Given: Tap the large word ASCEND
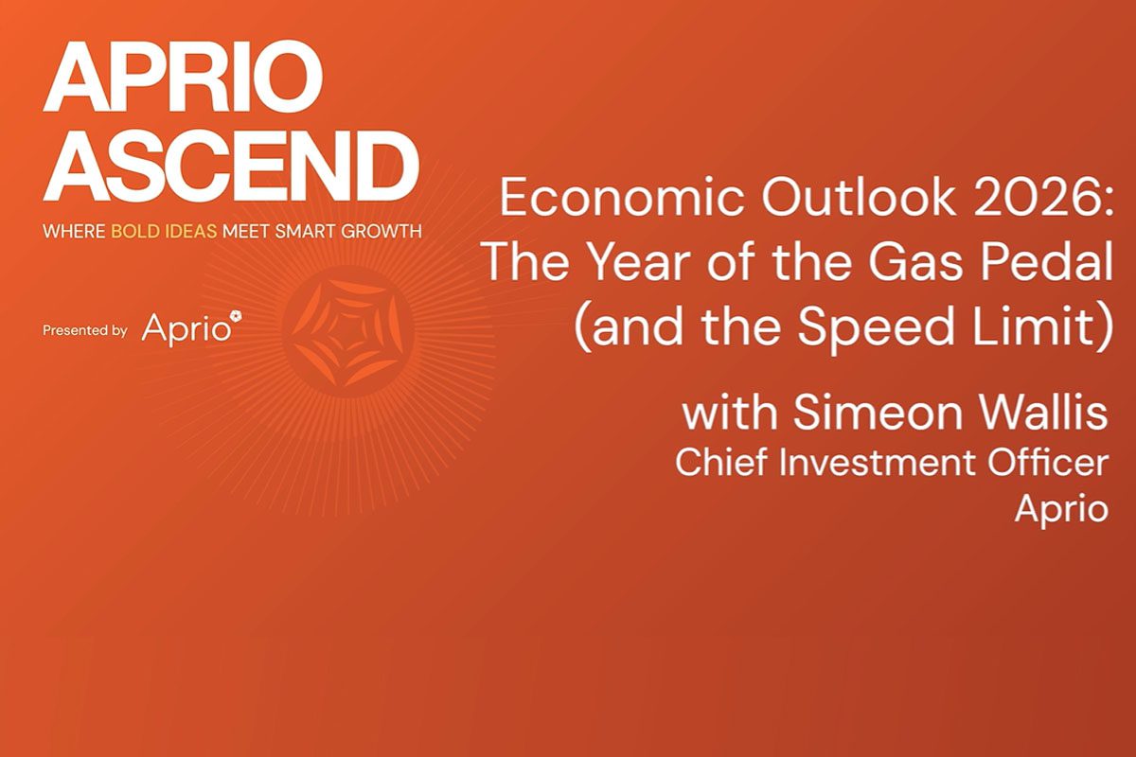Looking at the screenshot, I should click(230, 166).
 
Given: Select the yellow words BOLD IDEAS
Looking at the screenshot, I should click(165, 231).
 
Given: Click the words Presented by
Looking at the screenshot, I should click(84, 330).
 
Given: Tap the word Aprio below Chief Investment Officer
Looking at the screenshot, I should click(1061, 509).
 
